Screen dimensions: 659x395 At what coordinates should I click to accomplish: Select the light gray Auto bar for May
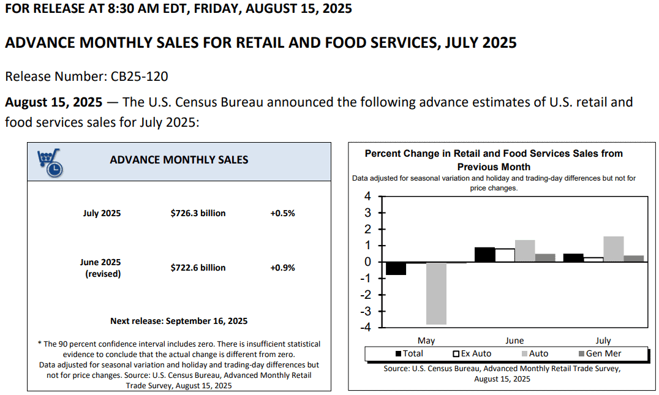pos(436,293)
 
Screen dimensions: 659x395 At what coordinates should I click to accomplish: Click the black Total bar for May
pos(396,268)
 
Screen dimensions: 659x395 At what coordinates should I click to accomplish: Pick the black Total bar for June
pos(484,255)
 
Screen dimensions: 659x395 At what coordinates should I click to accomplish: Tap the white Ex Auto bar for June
pos(505,255)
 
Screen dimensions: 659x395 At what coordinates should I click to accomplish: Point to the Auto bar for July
pos(614,249)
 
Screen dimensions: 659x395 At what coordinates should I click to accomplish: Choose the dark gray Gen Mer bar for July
pos(634,259)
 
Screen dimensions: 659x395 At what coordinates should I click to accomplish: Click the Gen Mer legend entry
pos(600,354)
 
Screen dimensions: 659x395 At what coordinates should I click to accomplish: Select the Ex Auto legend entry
pos(472,354)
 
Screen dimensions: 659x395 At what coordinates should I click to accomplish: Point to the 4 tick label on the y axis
pos(367,196)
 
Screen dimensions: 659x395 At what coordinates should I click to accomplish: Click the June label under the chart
pos(514,340)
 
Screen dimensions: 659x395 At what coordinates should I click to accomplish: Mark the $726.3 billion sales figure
pos(198,213)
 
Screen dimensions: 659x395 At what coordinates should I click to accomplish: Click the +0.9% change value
pos(282,268)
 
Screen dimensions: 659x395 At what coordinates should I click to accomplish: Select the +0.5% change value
pos(282,213)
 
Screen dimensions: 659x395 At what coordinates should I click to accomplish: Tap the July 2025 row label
pos(102,213)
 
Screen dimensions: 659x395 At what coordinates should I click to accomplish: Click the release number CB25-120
pos(139,77)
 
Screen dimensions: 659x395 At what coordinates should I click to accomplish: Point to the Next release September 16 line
pos(179,321)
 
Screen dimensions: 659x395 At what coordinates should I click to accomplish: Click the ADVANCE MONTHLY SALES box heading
pos(179,160)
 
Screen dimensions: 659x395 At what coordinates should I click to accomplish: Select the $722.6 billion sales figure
pos(198,268)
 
